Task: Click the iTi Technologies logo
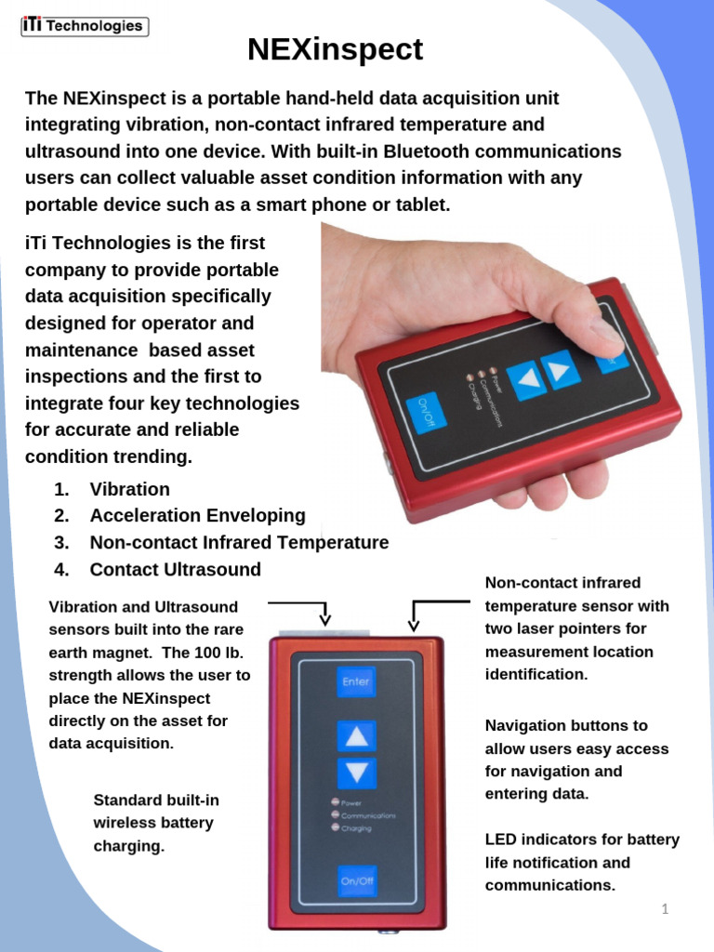(x=85, y=26)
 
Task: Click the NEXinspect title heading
(x=335, y=49)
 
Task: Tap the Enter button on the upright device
(x=356, y=681)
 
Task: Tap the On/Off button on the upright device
(x=356, y=879)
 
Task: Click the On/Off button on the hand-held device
(x=426, y=413)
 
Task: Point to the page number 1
(x=665, y=908)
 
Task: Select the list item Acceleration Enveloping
(x=197, y=515)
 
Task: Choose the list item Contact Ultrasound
(x=175, y=569)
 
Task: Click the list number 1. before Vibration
(x=61, y=489)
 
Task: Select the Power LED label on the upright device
(x=351, y=802)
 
